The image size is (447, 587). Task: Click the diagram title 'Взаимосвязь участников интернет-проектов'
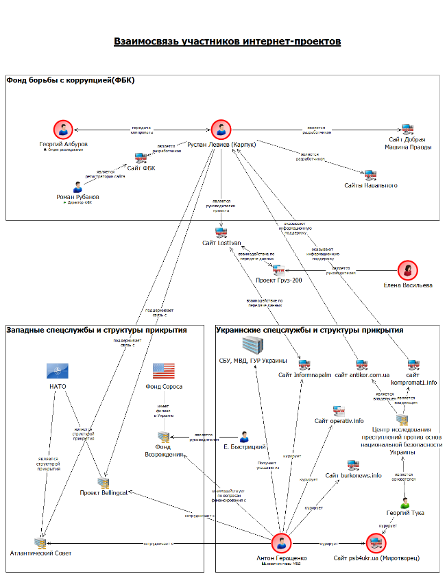pyautogui.click(x=227, y=42)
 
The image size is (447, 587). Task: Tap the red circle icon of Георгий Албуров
pyautogui.click(x=64, y=130)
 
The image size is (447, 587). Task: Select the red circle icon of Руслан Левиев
pyautogui.click(x=221, y=130)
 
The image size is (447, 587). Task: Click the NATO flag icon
pyautogui.click(x=57, y=371)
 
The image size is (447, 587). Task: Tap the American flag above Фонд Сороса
pyautogui.click(x=163, y=371)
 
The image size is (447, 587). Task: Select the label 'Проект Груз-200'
pyautogui.click(x=279, y=280)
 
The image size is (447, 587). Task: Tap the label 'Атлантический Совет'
pyautogui.click(x=40, y=553)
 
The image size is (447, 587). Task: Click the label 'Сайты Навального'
pyautogui.click(x=370, y=185)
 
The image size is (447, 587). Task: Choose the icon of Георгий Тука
pyautogui.click(x=404, y=503)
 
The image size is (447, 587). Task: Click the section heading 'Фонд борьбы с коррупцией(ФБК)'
pyautogui.click(x=71, y=80)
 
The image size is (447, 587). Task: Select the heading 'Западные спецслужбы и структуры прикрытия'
pyautogui.click(x=97, y=330)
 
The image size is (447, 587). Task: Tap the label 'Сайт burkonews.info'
pyautogui.click(x=353, y=475)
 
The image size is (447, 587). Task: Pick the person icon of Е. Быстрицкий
pyautogui.click(x=243, y=436)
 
